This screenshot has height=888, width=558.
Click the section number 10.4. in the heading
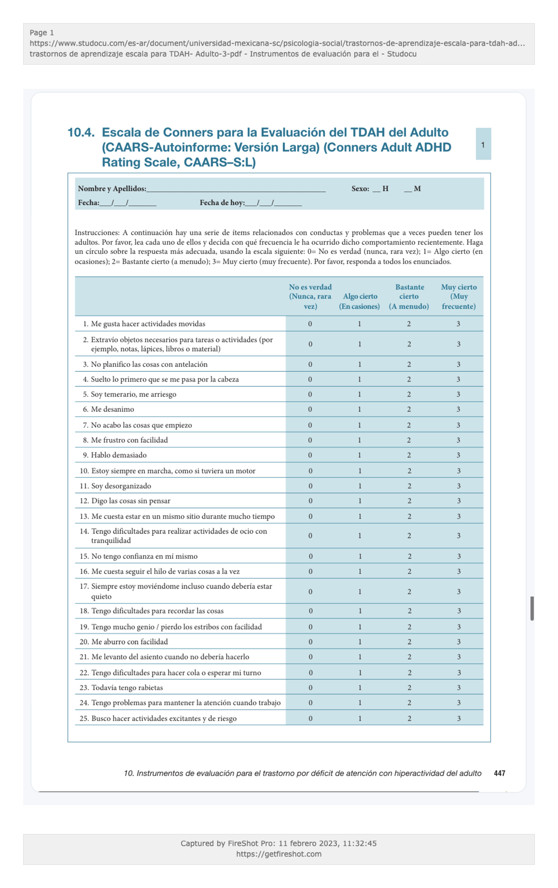(81, 133)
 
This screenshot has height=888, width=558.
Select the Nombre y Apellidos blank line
(236, 189)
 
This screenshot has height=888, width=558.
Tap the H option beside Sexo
(385, 189)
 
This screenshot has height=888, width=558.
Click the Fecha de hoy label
(222, 203)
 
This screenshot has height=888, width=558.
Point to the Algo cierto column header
(359, 301)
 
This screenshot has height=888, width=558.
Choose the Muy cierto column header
(458, 297)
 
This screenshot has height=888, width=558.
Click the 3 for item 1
(458, 324)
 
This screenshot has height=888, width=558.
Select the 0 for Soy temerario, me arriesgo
(310, 394)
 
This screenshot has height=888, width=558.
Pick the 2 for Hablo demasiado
(409, 455)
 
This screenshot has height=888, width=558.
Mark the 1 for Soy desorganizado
(360, 486)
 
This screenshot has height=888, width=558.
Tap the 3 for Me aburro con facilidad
(459, 642)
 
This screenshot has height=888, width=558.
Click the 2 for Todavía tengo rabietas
(409, 688)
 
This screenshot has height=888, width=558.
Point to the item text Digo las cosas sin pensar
(131, 501)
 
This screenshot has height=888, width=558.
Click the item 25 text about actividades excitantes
(164, 719)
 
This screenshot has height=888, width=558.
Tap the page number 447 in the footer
(499, 773)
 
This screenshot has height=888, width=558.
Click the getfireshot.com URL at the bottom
(279, 854)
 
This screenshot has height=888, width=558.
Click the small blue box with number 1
(483, 145)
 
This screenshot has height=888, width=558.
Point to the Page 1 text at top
(42, 33)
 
